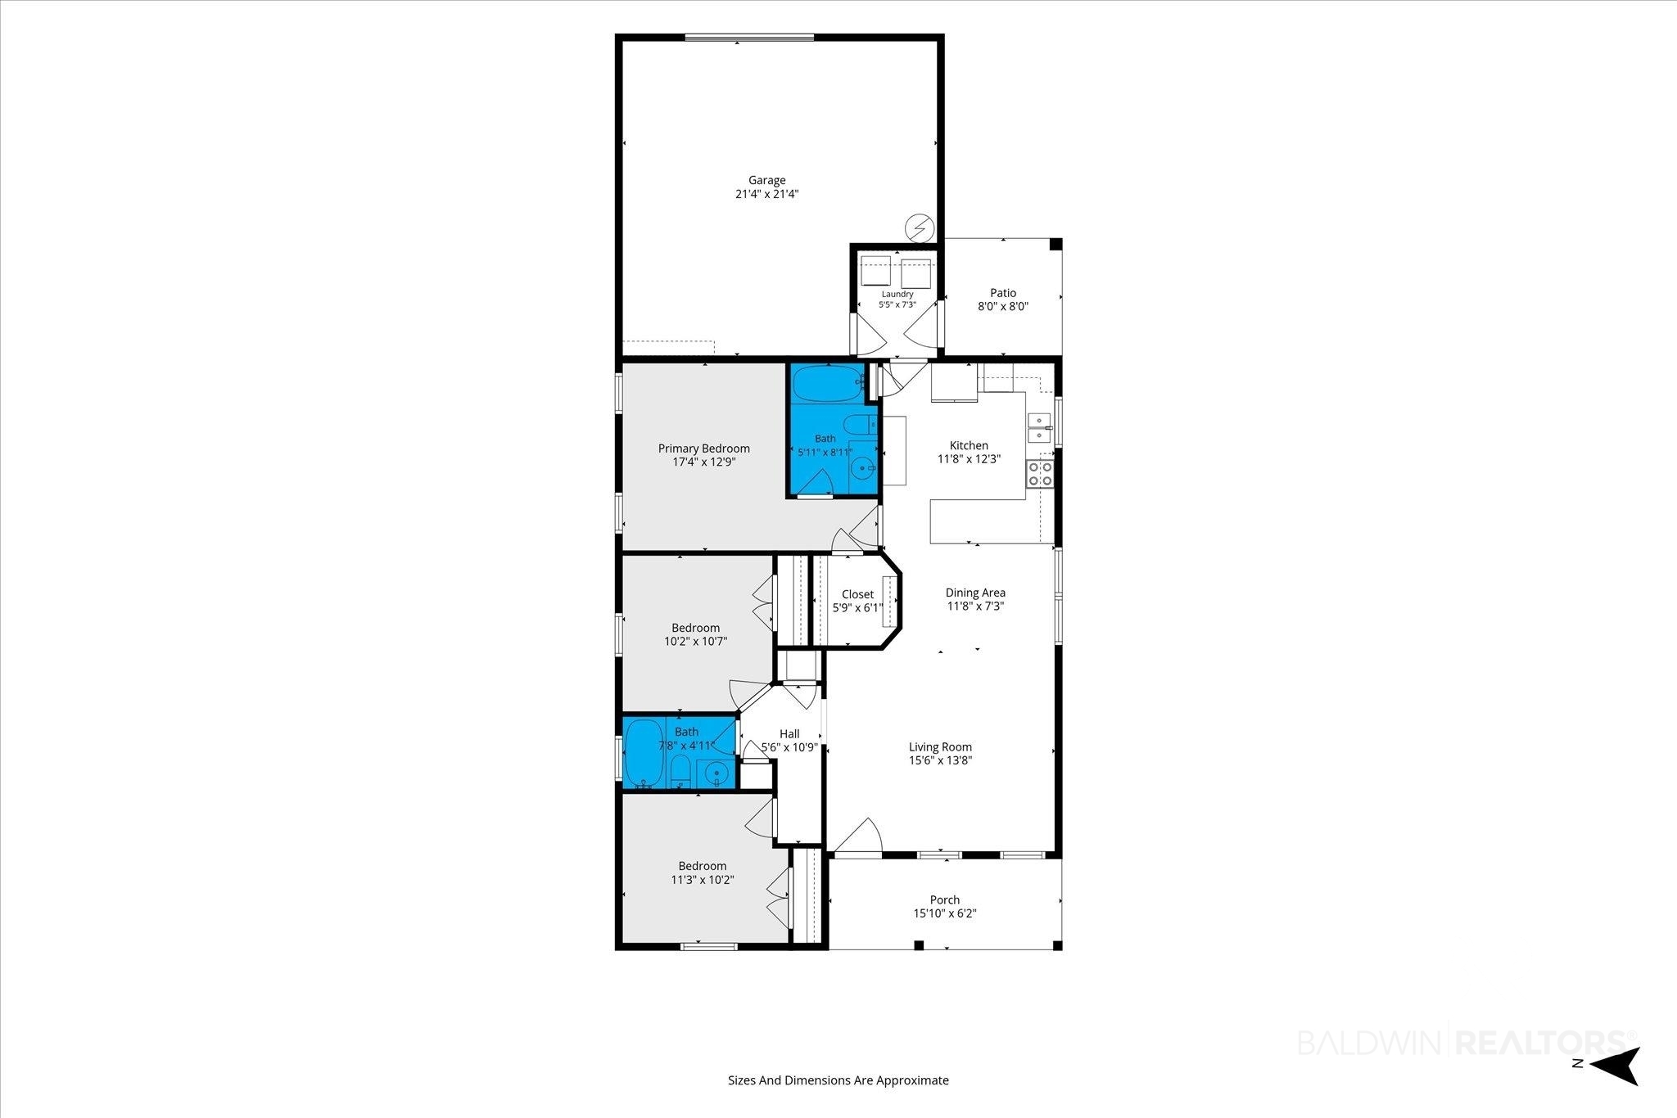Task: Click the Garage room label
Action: coord(766,180)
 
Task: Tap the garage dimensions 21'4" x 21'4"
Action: coord(766,195)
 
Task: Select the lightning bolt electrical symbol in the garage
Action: coord(919,228)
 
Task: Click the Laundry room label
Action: coord(897,294)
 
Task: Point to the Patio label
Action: coord(1003,293)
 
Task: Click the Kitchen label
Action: coord(969,446)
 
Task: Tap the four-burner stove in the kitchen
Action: coord(1040,474)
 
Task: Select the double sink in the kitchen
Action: coord(1040,428)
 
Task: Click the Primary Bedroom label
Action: coord(704,449)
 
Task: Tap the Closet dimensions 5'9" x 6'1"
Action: coord(858,608)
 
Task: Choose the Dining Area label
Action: coord(975,593)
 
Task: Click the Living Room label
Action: coord(940,746)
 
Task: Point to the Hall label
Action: coord(789,734)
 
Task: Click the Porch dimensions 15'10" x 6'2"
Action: coord(945,913)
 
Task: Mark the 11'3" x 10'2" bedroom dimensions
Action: coord(703,881)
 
